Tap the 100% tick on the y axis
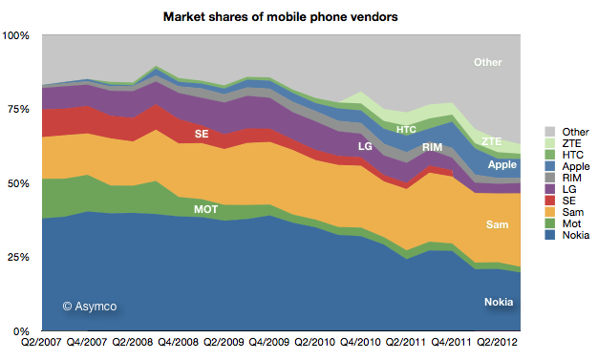[18, 35]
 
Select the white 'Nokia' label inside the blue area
[497, 303]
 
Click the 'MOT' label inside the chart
[207, 208]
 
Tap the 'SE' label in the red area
[202, 135]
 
